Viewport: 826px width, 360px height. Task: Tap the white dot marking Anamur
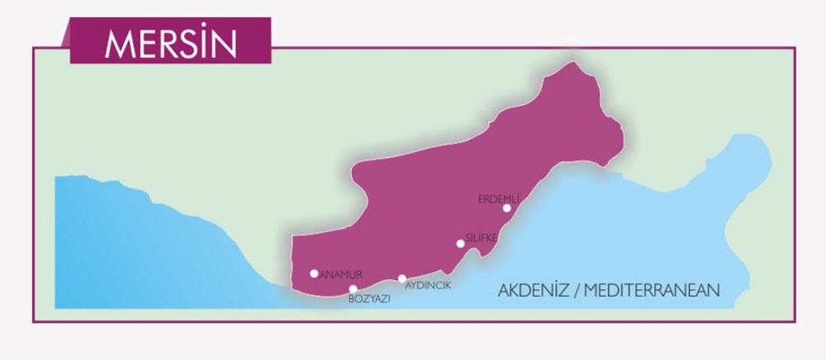click(314, 273)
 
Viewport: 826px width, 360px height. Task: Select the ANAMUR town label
click(341, 274)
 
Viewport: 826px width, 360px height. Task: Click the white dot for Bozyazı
click(353, 288)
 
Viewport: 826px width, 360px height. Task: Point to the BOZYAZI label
click(369, 300)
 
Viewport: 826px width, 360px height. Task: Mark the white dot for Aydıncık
click(401, 279)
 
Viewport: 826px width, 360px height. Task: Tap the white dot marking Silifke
click(460, 244)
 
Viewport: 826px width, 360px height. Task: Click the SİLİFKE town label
click(481, 238)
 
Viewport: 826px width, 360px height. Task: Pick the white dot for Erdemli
click(506, 208)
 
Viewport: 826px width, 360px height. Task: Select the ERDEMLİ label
click(498, 198)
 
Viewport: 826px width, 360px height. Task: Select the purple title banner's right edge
click(270, 41)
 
